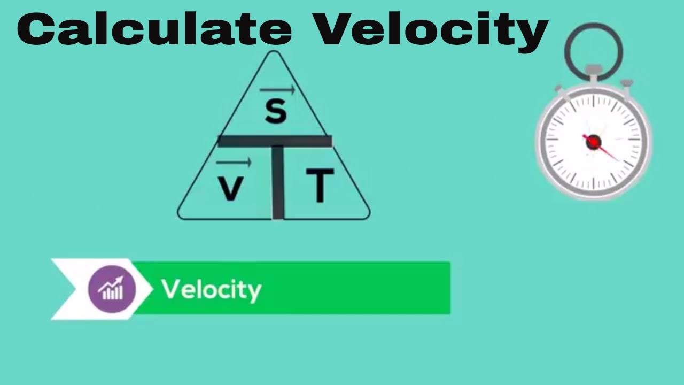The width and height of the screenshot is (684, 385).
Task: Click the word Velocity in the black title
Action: (x=431, y=30)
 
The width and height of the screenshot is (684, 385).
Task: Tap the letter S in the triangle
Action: (x=276, y=111)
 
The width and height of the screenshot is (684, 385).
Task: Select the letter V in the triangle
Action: (x=231, y=188)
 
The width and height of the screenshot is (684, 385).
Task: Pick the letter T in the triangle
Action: (x=320, y=185)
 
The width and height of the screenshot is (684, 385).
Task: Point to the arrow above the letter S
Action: (x=277, y=90)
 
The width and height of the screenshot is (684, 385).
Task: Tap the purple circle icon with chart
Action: (x=112, y=289)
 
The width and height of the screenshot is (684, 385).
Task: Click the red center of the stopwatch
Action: (x=593, y=142)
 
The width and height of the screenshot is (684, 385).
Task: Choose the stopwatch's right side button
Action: (x=626, y=84)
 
